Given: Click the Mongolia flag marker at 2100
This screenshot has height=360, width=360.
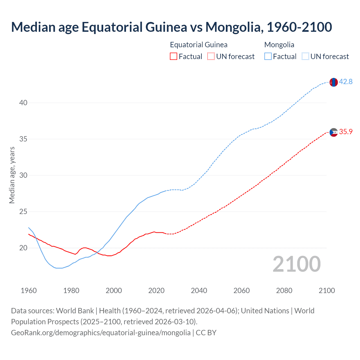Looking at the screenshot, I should pyautogui.click(x=333, y=82).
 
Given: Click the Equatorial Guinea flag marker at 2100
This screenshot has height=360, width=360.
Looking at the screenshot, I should pyautogui.click(x=333, y=132).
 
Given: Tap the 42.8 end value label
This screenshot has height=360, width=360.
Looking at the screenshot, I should pyautogui.click(x=346, y=82).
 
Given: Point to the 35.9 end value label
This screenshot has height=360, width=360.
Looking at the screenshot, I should pyautogui.click(x=346, y=132).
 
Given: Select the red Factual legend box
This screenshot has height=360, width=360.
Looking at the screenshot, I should pyautogui.click(x=174, y=57).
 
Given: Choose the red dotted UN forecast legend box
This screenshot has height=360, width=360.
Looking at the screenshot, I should pyautogui.click(x=211, y=57).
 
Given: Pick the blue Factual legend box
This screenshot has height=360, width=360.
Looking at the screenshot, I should pyautogui.click(x=268, y=57).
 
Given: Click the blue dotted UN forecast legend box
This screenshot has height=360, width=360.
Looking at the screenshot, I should pyautogui.click(x=305, y=57).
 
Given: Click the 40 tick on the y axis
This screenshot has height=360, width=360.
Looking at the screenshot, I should pyautogui.click(x=23, y=103).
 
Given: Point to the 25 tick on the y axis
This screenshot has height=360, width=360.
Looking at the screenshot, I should pyautogui.click(x=23, y=211).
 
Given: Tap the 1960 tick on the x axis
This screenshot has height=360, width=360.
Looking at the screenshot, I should pyautogui.click(x=29, y=291).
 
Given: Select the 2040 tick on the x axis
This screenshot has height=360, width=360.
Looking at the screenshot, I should pyautogui.click(x=199, y=291).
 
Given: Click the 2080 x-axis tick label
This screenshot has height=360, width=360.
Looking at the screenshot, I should pyautogui.click(x=284, y=291).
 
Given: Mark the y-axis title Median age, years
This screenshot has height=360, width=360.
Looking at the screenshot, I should pyautogui.click(x=12, y=175).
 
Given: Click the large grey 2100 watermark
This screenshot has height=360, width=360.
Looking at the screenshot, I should pyautogui.click(x=297, y=264).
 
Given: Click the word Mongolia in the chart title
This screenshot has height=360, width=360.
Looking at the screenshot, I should pyautogui.click(x=234, y=27).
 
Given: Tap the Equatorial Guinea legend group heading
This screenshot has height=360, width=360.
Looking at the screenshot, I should pyautogui.click(x=199, y=45).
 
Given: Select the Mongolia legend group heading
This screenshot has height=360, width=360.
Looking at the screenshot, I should pyautogui.click(x=279, y=45).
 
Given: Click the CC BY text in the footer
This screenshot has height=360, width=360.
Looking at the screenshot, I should pyautogui.click(x=206, y=333).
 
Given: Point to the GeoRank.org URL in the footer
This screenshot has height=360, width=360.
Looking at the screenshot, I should pyautogui.click(x=101, y=333).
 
